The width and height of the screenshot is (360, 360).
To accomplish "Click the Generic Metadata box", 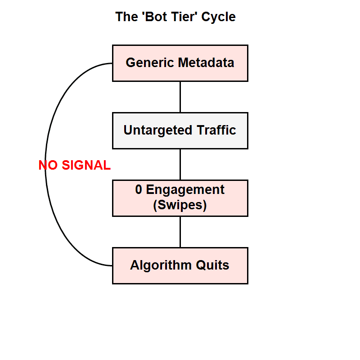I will pos(180,63).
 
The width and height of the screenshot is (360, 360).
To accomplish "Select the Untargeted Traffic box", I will pos(180,130).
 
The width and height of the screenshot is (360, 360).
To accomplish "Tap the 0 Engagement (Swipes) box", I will pos(180,198).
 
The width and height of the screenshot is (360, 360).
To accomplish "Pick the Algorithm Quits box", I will pos(180,265).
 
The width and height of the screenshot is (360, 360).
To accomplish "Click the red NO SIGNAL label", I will pos(74,166).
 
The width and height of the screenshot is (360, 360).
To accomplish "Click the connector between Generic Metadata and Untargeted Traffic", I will pos(180,97).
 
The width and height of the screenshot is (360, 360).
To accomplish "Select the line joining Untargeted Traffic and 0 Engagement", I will pos(180,164).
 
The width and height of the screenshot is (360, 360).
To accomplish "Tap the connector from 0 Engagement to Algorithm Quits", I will pos(180,232).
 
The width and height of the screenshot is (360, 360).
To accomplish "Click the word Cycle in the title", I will pos(218,17).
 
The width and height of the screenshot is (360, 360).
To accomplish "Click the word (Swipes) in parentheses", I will pos(180,206).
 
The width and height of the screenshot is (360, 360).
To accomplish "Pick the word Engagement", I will pos(185,190).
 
